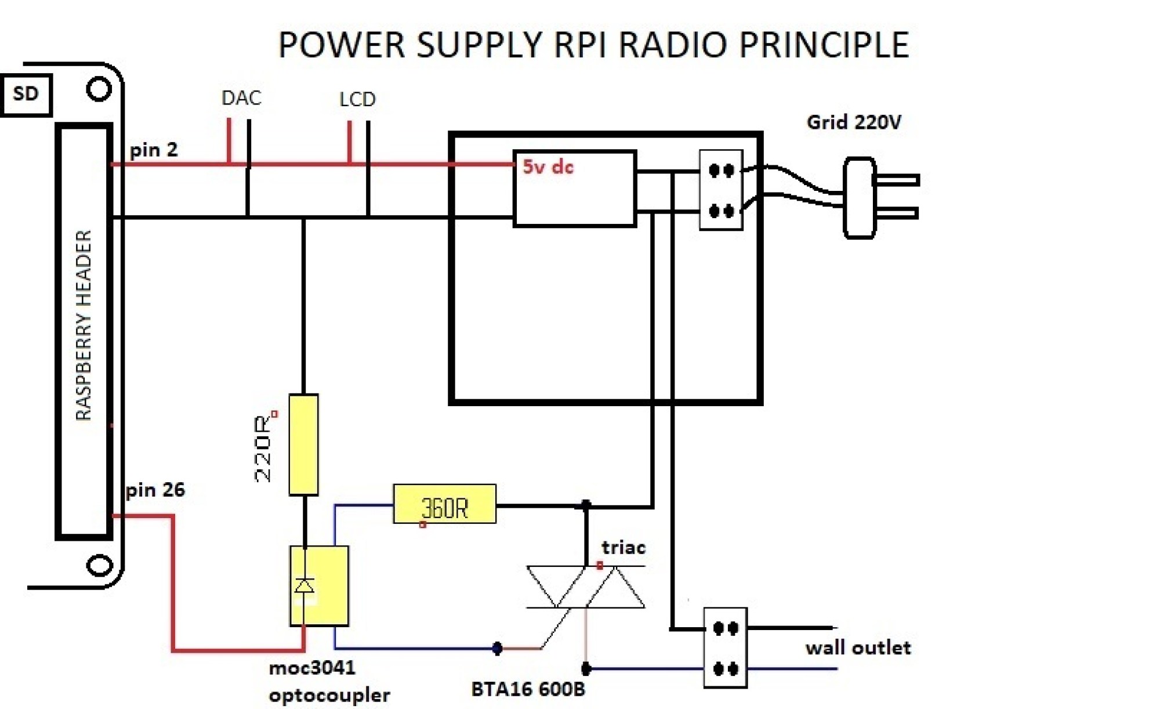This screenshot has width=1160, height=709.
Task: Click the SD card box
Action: click(26, 94)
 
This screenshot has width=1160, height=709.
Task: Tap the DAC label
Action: click(241, 98)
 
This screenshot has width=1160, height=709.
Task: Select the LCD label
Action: click(357, 100)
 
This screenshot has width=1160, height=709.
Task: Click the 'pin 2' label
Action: click(154, 150)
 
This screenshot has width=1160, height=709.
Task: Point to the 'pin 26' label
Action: click(155, 490)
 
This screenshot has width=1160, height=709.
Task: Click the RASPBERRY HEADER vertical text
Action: click(84, 325)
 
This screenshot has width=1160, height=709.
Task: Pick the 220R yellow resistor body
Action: click(303, 444)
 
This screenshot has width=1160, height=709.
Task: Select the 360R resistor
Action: click(444, 504)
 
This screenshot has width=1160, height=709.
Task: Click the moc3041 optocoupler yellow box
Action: click(319, 586)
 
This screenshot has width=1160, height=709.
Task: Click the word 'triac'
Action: click(623, 547)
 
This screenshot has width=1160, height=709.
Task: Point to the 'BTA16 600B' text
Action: click(528, 689)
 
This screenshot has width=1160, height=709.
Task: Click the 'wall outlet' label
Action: click(858, 647)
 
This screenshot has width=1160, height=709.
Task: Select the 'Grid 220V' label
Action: click(854, 122)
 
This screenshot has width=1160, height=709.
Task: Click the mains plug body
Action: click(859, 198)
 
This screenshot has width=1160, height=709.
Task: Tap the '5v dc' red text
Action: click(548, 167)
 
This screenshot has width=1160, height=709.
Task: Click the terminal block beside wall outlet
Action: click(725, 648)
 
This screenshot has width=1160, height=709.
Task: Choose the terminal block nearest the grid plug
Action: click(721, 190)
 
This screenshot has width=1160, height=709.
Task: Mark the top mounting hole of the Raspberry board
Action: click(99, 89)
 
